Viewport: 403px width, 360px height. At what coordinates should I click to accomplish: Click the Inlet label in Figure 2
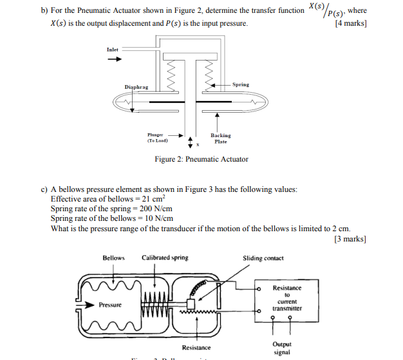(x=113, y=50)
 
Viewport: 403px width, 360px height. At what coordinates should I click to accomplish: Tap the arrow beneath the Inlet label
(x=114, y=60)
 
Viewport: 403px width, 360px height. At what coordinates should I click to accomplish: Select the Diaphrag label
(x=136, y=87)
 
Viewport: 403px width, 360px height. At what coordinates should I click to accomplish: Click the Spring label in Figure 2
(x=241, y=84)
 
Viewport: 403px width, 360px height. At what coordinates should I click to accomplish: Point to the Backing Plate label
(x=220, y=138)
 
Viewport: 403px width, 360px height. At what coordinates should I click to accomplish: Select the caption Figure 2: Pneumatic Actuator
(x=201, y=159)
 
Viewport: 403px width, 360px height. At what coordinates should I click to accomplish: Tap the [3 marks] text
(x=350, y=239)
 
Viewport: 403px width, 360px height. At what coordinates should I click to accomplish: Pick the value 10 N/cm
(x=155, y=218)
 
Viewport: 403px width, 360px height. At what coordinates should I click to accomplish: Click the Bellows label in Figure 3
(x=113, y=258)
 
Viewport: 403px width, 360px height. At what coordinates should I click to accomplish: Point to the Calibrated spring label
(x=165, y=258)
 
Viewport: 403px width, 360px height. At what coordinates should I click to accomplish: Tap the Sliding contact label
(x=263, y=258)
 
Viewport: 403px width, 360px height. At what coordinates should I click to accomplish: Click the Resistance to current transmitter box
(x=286, y=299)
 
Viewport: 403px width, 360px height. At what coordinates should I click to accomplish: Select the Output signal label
(x=282, y=348)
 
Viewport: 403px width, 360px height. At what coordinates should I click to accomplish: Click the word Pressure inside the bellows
(x=109, y=305)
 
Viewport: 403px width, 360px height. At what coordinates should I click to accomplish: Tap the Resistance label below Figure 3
(x=196, y=348)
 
